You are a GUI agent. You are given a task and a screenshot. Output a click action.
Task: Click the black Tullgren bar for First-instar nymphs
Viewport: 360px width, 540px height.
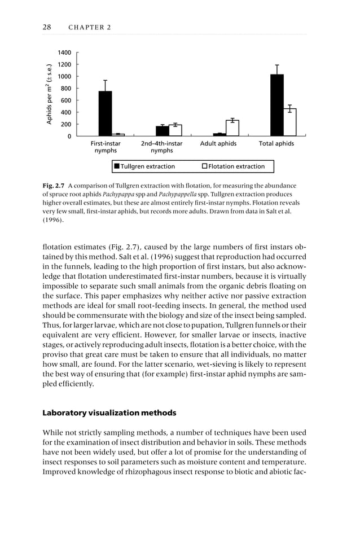pos(105,113)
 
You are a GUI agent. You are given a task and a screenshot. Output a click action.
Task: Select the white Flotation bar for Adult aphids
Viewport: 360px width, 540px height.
pos(232,128)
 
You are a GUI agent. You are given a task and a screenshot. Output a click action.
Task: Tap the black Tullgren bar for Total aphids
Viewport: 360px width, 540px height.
pos(276,105)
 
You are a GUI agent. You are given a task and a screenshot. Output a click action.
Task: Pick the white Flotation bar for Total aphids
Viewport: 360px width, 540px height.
pos(289,122)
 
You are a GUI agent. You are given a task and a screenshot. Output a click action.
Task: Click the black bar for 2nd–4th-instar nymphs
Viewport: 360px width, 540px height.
pos(163,131)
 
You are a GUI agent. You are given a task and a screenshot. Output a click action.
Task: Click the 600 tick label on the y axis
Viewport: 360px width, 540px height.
pos(65,100)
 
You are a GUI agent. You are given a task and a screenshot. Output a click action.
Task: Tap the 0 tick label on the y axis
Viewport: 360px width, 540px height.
pos(69,137)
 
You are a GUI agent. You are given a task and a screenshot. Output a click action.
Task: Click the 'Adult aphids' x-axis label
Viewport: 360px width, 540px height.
pos(218,144)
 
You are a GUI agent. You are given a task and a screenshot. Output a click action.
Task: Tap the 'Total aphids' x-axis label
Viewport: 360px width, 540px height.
pos(276,144)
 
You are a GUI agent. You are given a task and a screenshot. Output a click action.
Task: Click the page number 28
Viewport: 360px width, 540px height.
pos(47,27)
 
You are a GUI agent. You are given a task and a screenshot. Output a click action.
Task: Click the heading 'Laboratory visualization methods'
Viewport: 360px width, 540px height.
pos(109,413)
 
